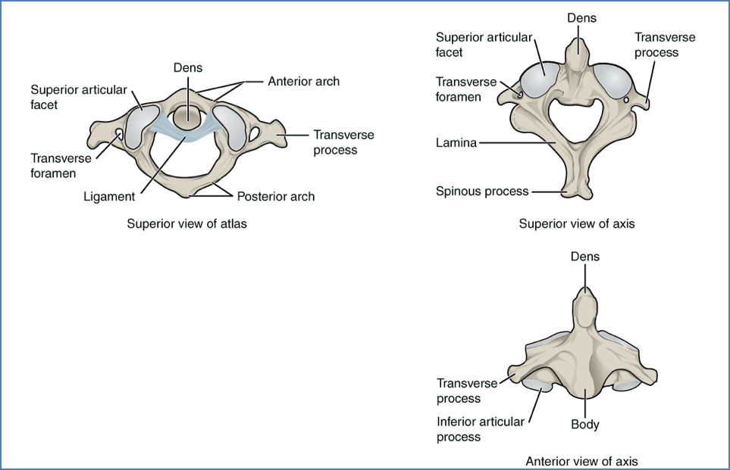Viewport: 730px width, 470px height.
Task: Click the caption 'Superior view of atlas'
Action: point(186,223)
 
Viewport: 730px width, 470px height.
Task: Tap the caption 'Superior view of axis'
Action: point(576,223)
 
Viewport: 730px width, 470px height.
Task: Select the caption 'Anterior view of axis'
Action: point(581,460)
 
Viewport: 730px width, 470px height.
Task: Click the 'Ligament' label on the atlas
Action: point(110,197)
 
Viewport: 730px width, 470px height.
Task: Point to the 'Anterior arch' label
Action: point(303,81)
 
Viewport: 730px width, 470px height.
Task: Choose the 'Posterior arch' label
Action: point(275,197)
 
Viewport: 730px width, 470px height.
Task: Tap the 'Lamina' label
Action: point(456,142)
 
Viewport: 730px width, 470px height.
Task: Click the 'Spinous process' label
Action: point(481,191)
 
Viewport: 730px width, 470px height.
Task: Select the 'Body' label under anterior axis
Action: point(584,424)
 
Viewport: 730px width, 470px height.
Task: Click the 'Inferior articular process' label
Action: point(480,429)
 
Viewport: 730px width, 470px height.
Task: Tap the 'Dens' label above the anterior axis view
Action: point(584,257)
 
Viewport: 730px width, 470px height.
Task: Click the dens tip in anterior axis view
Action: point(584,294)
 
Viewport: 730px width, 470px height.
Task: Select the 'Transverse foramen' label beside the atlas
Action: point(61,165)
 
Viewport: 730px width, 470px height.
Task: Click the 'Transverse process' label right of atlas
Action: point(343,142)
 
